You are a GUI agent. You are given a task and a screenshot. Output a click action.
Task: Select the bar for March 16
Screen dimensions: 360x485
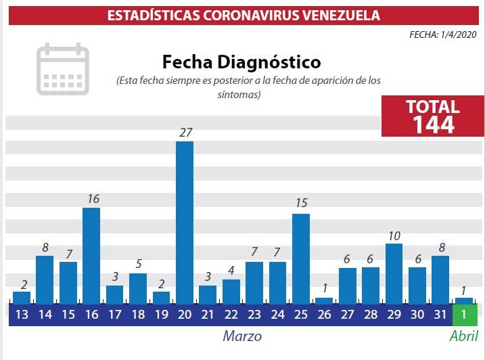click(x=91, y=255)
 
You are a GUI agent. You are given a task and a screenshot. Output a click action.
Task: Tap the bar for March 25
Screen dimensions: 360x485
click(x=301, y=258)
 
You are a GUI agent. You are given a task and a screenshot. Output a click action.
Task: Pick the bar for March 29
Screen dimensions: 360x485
click(x=394, y=273)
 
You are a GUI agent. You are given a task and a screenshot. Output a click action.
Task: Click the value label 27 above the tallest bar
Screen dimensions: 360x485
click(x=185, y=133)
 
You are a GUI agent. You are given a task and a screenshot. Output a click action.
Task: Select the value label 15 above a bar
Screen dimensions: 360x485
click(x=302, y=203)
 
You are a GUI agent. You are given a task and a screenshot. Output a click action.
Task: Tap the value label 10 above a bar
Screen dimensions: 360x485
click(x=394, y=235)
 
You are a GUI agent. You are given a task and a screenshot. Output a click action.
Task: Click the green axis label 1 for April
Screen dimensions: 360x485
click(x=464, y=314)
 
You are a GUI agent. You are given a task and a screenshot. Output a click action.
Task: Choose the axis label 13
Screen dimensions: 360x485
click(x=21, y=314)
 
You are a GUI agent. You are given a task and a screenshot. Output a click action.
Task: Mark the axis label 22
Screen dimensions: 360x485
click(x=231, y=314)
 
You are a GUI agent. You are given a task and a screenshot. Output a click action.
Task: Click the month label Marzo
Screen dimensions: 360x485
click(x=242, y=336)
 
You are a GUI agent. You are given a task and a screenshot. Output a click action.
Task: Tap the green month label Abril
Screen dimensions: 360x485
click(x=464, y=336)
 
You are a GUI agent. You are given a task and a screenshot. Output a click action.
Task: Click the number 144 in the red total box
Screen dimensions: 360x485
click(x=433, y=124)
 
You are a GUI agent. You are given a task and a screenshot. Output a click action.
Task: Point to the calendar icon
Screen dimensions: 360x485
click(x=62, y=69)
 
